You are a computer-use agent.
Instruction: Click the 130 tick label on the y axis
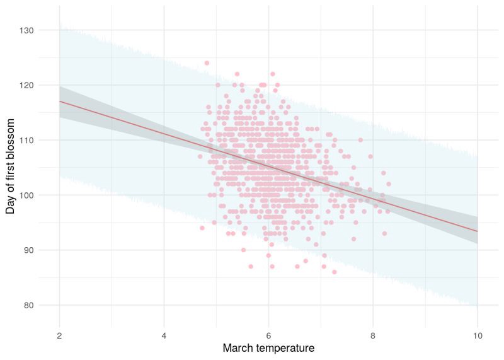(43, 30)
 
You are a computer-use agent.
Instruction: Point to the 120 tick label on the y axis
(43, 85)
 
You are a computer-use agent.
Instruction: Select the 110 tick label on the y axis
(43, 140)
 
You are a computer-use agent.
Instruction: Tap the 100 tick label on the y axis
(43, 195)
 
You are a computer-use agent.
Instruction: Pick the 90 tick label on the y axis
(45, 250)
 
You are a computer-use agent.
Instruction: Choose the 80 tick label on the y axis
(45, 305)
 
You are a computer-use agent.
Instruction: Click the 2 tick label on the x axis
(59, 335)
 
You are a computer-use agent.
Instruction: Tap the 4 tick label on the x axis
(164, 335)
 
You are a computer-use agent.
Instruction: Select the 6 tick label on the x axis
(268, 335)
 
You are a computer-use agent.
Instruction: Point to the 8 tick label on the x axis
(373, 335)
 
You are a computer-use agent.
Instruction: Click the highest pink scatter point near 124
(207, 63)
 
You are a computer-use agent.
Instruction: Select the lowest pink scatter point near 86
(334, 272)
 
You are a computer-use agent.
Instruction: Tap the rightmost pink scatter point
(389, 184)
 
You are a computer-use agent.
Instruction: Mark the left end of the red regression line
(59, 101)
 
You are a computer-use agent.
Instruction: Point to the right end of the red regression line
(477, 231)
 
